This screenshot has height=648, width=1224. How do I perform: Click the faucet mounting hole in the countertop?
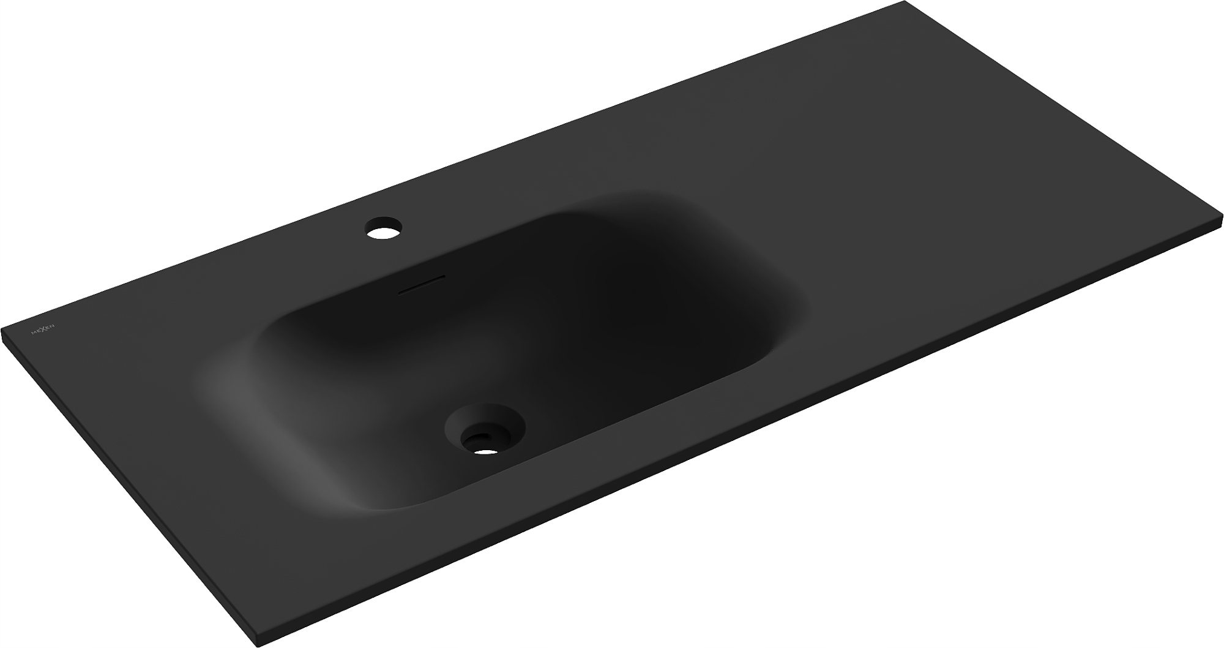(384, 227)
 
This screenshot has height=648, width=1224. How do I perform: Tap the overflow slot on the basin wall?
(422, 284)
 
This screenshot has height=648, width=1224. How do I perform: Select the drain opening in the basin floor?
(485, 428)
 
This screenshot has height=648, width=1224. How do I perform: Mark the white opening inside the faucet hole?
(384, 232)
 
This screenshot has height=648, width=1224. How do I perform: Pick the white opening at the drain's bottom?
(487, 452)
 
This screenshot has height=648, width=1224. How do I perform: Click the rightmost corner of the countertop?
(1222, 216)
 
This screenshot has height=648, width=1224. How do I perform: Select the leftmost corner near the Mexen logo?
(2, 329)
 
